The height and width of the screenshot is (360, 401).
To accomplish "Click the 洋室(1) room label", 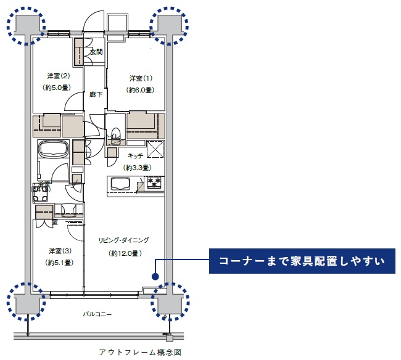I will (141, 78).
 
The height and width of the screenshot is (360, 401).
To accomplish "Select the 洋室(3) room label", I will (59, 251).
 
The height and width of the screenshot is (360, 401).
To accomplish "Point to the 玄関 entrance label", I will (96, 52).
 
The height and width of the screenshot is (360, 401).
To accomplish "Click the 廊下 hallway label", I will (96, 94).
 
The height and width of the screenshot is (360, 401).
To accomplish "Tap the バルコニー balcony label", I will (97, 314).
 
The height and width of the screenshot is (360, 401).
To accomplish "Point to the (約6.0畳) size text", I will (140, 90).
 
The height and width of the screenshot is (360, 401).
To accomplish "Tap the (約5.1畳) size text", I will (59, 263).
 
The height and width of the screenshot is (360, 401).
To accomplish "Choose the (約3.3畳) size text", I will (138, 167).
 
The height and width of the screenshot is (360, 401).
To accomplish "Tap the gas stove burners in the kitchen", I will (153, 182).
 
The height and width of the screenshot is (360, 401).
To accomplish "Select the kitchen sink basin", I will (119, 184).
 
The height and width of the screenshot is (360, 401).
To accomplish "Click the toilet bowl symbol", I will (115, 133).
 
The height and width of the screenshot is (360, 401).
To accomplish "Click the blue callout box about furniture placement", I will (302, 261).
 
